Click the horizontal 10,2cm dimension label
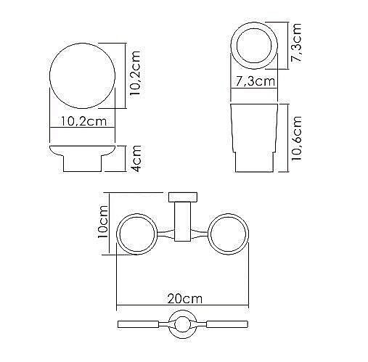pyautogui.click(x=83, y=121)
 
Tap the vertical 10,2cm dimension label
pyautogui.click(x=135, y=73)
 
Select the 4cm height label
pyautogui.click(x=135, y=159)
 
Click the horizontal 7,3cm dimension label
pyautogui.click(x=255, y=81)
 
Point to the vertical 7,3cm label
pyautogui.click(x=296, y=43)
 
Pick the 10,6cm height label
pyautogui.click(x=297, y=139)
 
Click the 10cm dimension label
pyautogui.click(x=103, y=221)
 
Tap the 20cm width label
pyautogui.click(x=184, y=299)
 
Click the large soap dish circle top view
pyautogui.click(x=49, y=76)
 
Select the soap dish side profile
pyautogui.click(x=83, y=158)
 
